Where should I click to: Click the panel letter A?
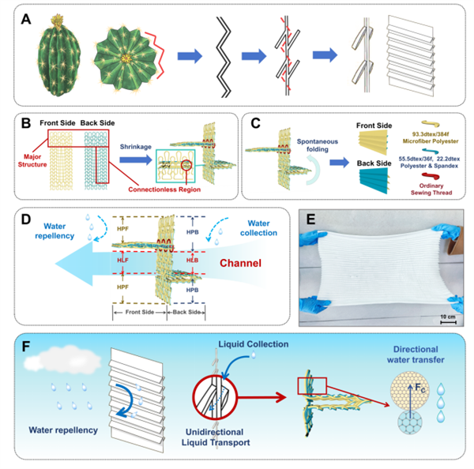(25, 17)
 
